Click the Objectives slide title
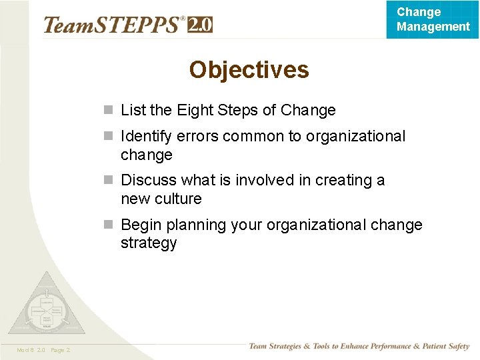coord(249,69)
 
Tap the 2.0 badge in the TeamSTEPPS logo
coord(200,25)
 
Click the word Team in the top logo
coord(66,25)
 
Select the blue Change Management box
coord(433,19)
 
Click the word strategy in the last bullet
coord(149,243)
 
